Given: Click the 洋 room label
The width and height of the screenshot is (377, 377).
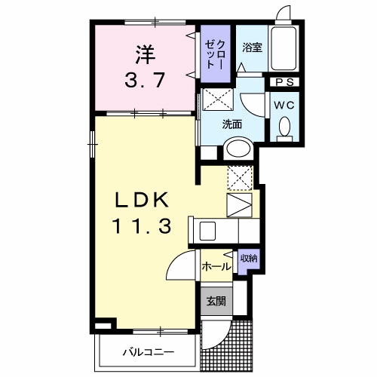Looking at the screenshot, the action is (146, 55).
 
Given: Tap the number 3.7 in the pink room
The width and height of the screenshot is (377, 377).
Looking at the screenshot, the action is (145, 80).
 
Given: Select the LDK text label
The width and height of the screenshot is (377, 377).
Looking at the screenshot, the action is (142, 200).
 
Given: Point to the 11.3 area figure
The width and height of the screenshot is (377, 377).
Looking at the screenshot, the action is (143, 225).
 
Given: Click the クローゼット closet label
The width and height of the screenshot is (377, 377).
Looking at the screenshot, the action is (215, 54).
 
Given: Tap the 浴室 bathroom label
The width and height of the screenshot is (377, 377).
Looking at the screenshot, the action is (252, 48).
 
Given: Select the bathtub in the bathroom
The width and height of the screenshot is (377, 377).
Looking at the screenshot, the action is (284, 48).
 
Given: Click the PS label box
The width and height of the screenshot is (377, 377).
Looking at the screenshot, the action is (284, 82).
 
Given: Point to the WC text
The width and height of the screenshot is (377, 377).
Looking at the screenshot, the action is (284, 105).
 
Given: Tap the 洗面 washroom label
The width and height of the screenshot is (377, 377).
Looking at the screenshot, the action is (231, 124).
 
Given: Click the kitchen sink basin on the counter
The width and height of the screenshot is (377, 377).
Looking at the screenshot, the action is (207, 231).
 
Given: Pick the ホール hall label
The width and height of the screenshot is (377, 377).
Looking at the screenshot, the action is (216, 266).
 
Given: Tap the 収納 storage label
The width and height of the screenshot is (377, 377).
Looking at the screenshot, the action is (249, 258).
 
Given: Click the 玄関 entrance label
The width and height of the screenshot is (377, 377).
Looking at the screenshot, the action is (216, 301).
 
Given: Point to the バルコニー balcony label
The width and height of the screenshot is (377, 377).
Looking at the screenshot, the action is (149, 352).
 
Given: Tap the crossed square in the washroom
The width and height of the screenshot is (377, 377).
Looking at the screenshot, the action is (218, 99).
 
